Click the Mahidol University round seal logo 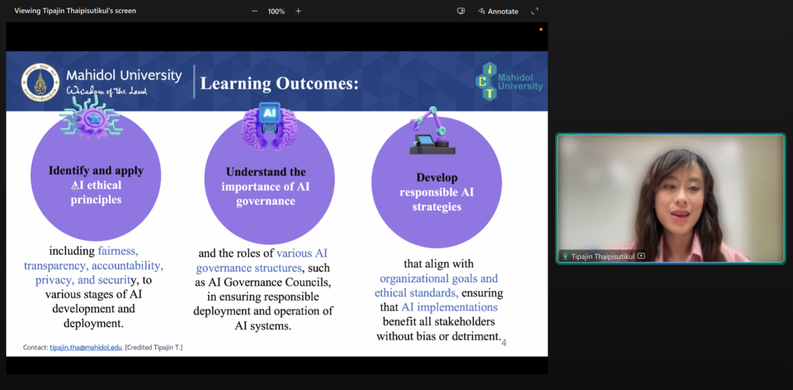click(40, 82)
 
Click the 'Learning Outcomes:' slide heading click(279, 84)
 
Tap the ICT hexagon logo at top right click(490, 81)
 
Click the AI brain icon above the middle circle click(269, 126)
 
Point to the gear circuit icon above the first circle click(90, 118)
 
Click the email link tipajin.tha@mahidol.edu click(86, 347)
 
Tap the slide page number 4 click(504, 343)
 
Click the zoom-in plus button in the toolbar click(298, 11)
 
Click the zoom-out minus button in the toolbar click(255, 11)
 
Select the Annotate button click(498, 11)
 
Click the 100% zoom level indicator click(276, 11)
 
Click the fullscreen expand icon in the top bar click(535, 11)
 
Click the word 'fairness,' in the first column click(118, 251)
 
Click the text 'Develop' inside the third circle click(436, 178)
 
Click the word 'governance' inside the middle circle click(265, 201)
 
